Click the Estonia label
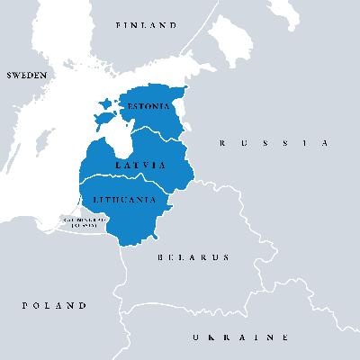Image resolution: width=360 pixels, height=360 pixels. point(148,106)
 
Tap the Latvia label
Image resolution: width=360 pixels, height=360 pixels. point(140,166)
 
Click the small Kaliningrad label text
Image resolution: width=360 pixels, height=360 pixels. point(85,220)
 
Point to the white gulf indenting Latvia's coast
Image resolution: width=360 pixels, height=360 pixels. point(116,145)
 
